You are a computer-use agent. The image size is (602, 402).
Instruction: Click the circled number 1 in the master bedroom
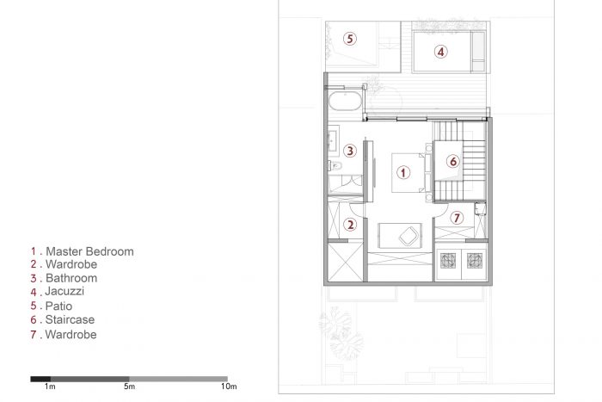pos(403,172)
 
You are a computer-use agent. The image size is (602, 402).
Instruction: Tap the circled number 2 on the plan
pos(350,225)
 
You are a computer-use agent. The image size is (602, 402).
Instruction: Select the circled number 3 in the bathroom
pos(350,151)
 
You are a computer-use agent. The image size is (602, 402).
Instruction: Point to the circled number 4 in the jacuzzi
pos(440,52)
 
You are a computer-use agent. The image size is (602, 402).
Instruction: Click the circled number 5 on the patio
pos(349,39)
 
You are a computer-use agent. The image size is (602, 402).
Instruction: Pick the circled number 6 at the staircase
pos(453,162)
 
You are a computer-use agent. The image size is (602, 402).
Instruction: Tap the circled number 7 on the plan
pos(457,218)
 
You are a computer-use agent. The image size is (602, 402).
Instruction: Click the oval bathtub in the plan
pos(345,101)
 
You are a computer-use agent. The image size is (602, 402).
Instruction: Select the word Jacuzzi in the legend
pos(64,291)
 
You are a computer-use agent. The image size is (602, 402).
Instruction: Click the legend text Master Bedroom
pos(89,251)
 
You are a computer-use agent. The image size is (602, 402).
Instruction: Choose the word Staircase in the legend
pos(70,319)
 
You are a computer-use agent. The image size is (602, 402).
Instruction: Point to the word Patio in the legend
pos(58,306)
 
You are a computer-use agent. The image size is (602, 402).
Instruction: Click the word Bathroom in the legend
pos(71,278)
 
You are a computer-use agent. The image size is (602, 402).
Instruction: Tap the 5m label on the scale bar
pos(129,387)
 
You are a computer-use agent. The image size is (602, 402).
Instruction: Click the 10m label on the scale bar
pos(229,387)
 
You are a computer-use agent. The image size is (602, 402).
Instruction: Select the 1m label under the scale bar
pos(50,387)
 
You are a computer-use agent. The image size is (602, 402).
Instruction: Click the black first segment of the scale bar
pos(40,379)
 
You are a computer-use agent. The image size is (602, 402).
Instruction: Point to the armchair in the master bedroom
pos(408,236)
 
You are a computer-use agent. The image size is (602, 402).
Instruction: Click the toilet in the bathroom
pos(335,165)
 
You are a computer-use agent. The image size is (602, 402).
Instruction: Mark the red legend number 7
pos(34,334)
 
